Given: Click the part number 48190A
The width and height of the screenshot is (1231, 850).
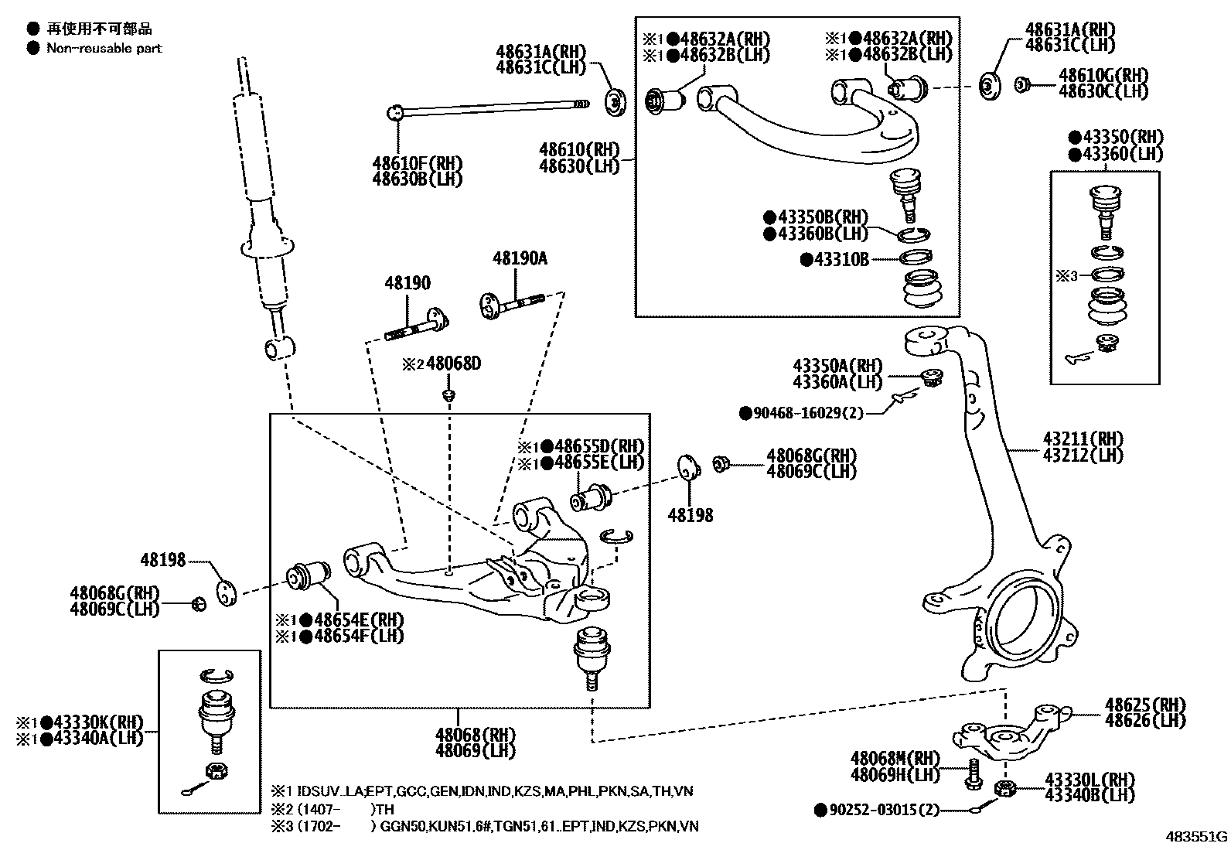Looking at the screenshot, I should [x=520, y=259].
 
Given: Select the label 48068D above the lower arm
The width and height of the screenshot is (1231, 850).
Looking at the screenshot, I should [x=452, y=364].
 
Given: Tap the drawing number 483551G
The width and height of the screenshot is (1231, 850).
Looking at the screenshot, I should [x=1197, y=836].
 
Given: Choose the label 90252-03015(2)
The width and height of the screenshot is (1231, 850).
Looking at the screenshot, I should [x=883, y=810].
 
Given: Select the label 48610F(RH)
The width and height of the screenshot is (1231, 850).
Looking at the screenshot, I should [x=417, y=163].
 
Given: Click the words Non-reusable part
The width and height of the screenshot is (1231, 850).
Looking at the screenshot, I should [x=104, y=48].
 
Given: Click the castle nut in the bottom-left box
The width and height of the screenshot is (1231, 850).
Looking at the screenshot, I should [x=216, y=770].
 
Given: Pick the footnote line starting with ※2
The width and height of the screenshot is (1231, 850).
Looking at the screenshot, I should [x=332, y=809].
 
